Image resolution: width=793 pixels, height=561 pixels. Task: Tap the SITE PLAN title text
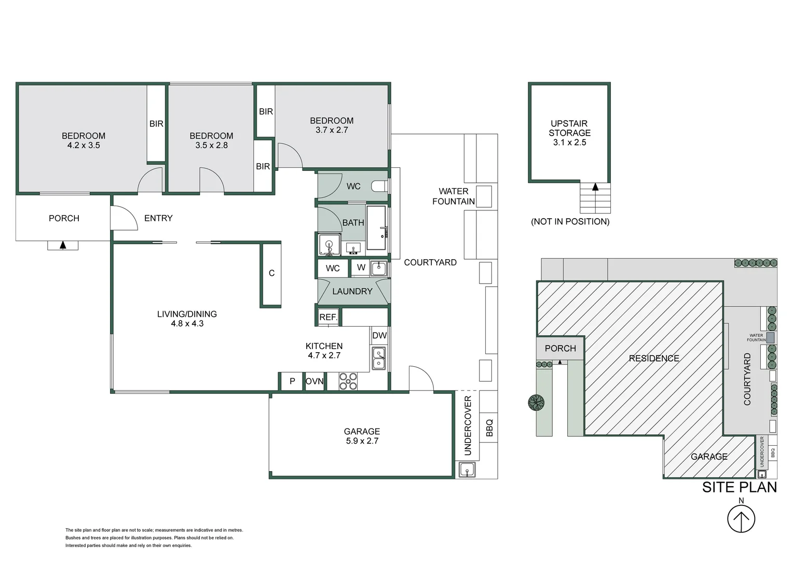[740, 487]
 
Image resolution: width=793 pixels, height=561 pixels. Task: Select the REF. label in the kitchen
[329, 317]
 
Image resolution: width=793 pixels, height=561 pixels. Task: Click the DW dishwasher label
[379, 335]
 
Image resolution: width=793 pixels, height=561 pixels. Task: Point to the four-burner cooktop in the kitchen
[348, 381]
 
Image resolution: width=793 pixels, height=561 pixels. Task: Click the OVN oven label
[315, 381]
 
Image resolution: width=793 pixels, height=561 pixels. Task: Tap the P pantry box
[292, 381]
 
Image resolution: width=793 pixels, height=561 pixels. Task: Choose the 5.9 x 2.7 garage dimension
[362, 441]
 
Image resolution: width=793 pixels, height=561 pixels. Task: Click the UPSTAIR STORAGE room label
[570, 128]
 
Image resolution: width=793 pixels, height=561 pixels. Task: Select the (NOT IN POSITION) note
[570, 221]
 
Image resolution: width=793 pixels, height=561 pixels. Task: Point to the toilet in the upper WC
[379, 186]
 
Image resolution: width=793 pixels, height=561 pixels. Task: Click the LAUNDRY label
[352, 291]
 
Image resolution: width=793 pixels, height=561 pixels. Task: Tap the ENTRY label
[158, 218]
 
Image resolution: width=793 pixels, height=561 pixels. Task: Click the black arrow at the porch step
[63, 245]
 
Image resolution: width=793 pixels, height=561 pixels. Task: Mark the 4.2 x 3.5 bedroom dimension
[84, 145]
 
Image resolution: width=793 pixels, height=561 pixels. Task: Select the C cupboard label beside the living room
[271, 273]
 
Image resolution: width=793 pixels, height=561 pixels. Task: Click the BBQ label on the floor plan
[489, 428]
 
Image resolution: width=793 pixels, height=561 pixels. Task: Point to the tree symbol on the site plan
[536, 402]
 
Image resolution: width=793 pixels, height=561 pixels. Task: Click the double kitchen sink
[379, 358]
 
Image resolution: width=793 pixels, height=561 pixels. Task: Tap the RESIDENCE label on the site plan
[654, 358]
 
